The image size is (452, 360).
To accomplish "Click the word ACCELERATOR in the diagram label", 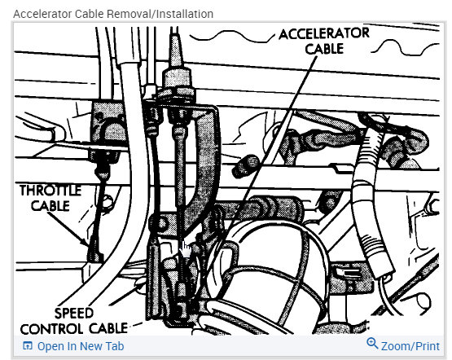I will [x=324, y=33].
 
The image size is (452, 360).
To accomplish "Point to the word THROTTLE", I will [x=50, y=191].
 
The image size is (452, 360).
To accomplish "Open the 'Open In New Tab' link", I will [x=80, y=345].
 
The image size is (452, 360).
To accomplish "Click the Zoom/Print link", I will [x=410, y=345].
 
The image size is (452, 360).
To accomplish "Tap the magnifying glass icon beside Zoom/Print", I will [x=373, y=344].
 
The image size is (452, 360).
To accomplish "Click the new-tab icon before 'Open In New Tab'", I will [x=28, y=345].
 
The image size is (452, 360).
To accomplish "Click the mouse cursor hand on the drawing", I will [x=186, y=247].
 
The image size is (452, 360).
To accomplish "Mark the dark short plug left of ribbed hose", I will [x=241, y=168].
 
